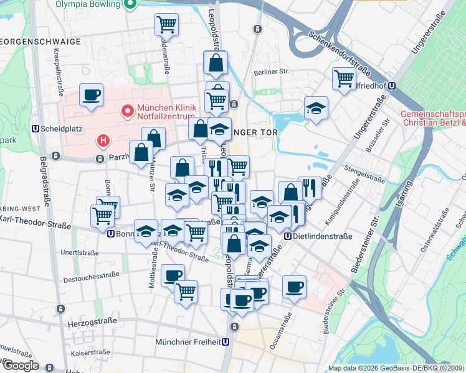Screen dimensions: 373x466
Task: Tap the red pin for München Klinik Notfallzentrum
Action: (128, 112)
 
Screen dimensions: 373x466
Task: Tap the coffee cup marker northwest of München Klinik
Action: (91, 95)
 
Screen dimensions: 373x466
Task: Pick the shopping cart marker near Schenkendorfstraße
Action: (344, 78)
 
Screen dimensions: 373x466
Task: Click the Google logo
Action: (20, 365)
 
